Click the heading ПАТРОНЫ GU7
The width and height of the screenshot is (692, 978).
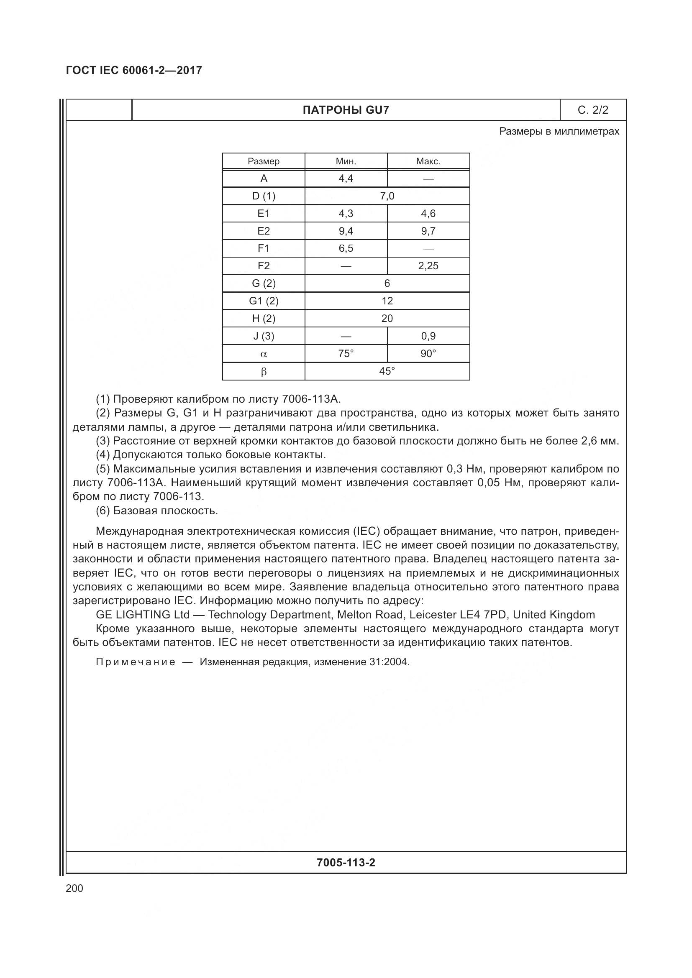(x=346, y=110)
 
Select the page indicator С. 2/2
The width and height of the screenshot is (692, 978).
(x=593, y=110)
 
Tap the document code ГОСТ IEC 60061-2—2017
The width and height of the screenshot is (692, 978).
(x=134, y=70)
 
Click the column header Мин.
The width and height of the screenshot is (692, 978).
(x=346, y=161)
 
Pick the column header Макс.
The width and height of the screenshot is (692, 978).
(x=428, y=161)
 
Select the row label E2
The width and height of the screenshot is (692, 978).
(x=263, y=231)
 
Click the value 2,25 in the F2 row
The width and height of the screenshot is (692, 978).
(x=428, y=266)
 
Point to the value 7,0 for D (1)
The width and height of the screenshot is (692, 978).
(x=387, y=196)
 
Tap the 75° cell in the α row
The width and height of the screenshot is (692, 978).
(x=346, y=354)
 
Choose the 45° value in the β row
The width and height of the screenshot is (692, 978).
(x=387, y=371)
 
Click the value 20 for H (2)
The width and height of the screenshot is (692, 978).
(x=387, y=318)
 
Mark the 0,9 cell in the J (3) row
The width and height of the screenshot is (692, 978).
(x=428, y=336)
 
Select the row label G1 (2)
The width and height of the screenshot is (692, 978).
(x=263, y=301)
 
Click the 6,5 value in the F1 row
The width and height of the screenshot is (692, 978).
(x=346, y=248)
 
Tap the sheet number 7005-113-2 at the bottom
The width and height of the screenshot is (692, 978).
(x=346, y=863)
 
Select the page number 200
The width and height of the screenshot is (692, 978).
(x=74, y=888)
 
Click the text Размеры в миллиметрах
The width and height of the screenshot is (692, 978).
(x=559, y=131)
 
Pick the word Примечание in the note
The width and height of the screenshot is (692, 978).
(x=136, y=662)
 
